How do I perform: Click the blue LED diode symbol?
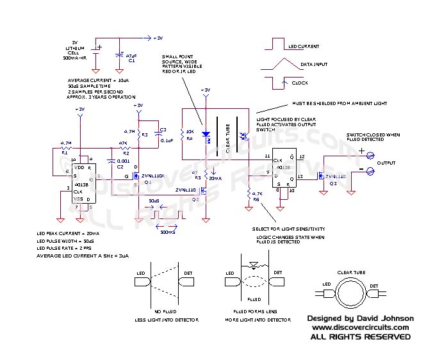(x=206, y=135)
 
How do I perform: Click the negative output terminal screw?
(x=370, y=170)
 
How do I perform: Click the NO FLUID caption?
(x=161, y=312)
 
